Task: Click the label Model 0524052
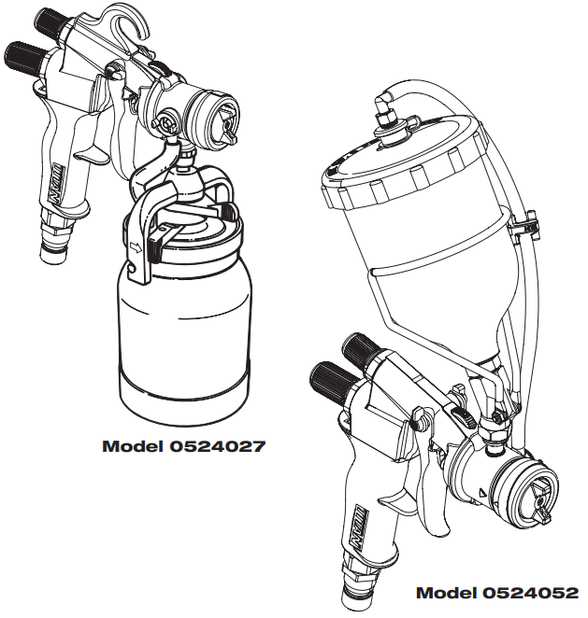496,593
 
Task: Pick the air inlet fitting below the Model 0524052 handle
360,588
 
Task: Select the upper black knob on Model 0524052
358,350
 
